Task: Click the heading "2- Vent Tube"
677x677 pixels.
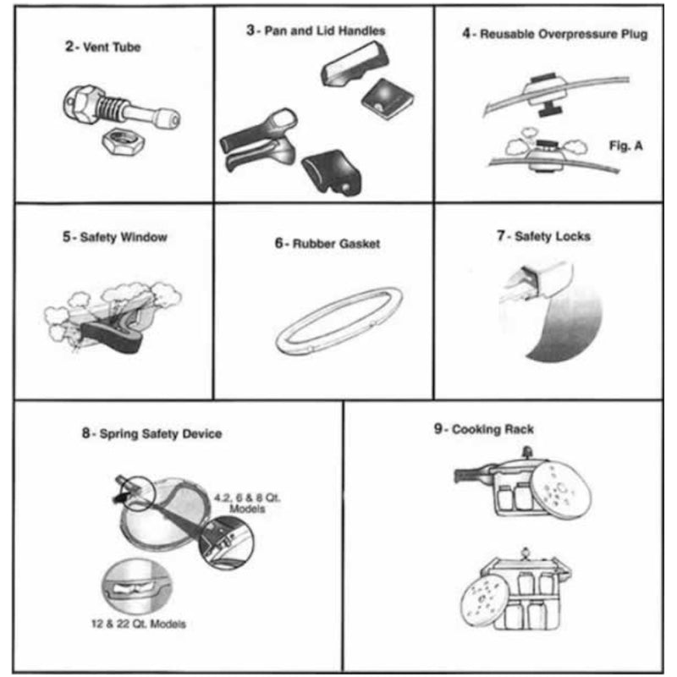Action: [x=103, y=47]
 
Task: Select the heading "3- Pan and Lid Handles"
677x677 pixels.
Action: [x=316, y=30]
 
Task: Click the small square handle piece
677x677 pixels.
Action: [x=380, y=98]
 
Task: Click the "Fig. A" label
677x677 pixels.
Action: [x=625, y=146]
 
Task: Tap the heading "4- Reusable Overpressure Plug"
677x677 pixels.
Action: [x=555, y=35]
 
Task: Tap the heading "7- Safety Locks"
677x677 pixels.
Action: [x=543, y=236]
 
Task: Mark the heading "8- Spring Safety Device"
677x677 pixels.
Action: [x=152, y=434]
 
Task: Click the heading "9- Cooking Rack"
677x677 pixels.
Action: [x=484, y=430]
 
